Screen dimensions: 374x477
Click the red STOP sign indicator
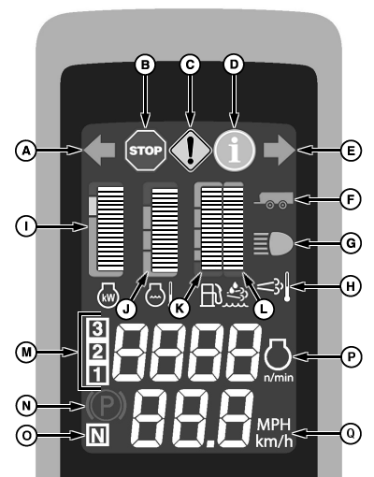pyautogui.click(x=145, y=151)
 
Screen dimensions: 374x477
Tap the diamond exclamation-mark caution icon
pyautogui.click(x=190, y=151)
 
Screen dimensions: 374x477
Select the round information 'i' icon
pyautogui.click(x=235, y=151)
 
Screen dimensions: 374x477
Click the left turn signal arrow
pyautogui.click(x=99, y=150)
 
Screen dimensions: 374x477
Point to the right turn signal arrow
pyautogui.click(x=280, y=150)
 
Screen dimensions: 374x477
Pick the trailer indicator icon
pyautogui.click(x=274, y=200)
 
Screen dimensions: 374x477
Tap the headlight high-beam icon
pyautogui.click(x=273, y=243)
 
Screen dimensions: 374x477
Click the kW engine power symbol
pyautogui.click(x=108, y=295)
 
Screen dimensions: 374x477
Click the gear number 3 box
pyautogui.click(x=97, y=328)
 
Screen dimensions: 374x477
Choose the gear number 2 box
pyautogui.click(x=97, y=352)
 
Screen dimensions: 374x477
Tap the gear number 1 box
pyautogui.click(x=97, y=374)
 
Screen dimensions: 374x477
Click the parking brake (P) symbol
pyautogui.click(x=107, y=406)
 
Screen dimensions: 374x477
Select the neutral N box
pyautogui.click(x=97, y=435)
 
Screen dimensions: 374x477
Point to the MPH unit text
pyautogui.click(x=274, y=425)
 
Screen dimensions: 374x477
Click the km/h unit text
pyautogui.click(x=274, y=441)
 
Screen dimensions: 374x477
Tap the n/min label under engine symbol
pyautogui.click(x=279, y=378)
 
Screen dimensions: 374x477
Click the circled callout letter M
pyautogui.click(x=26, y=353)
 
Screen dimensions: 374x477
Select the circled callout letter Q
pyautogui.click(x=351, y=434)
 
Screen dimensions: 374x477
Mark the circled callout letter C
pyautogui.click(x=190, y=65)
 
